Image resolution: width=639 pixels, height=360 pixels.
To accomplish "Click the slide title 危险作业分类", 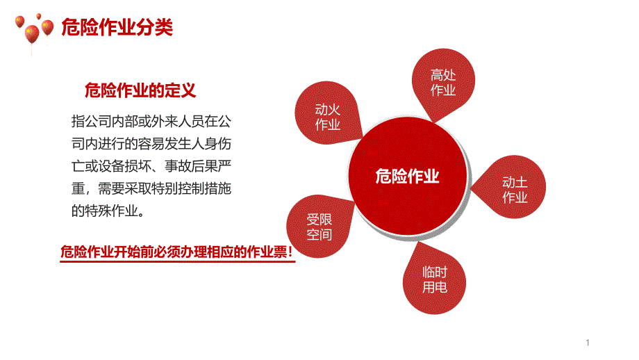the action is [x=117, y=27].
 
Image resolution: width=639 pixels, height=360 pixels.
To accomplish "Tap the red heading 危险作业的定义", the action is [x=140, y=90].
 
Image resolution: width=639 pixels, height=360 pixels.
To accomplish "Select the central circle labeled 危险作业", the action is [x=408, y=176].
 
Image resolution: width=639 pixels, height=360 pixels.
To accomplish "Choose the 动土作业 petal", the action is [x=511, y=187].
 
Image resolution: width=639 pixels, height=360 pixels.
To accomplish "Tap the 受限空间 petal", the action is [x=319, y=227].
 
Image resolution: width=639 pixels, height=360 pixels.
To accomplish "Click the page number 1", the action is [x=588, y=343].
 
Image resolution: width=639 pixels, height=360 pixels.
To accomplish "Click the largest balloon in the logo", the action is [x=32, y=34].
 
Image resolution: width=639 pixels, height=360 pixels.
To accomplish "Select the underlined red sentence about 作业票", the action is [x=176, y=252].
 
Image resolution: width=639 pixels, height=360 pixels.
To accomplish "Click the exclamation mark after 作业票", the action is [x=290, y=252].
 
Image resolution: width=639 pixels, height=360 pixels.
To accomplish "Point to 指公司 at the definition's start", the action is [x=91, y=121].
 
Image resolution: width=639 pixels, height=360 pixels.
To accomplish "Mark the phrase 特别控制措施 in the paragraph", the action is [x=191, y=188].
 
